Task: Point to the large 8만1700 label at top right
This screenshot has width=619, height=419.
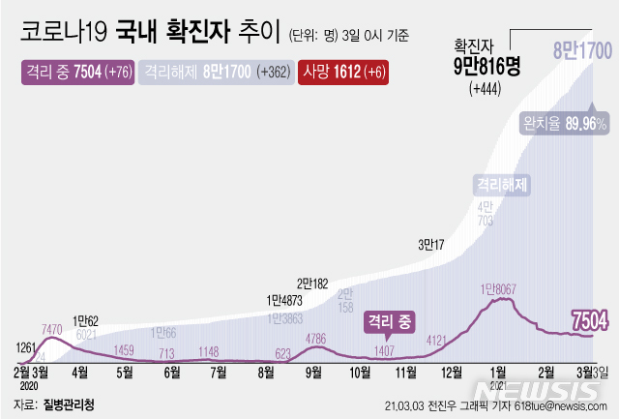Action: click(579, 48)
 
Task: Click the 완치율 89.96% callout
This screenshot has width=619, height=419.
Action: click(565, 124)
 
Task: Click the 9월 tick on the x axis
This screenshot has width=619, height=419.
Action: click(313, 371)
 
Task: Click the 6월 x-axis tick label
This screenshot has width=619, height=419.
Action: click(172, 371)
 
